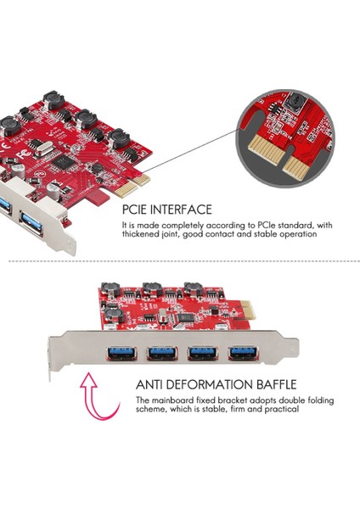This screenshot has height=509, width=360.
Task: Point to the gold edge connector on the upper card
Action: click(141, 180)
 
